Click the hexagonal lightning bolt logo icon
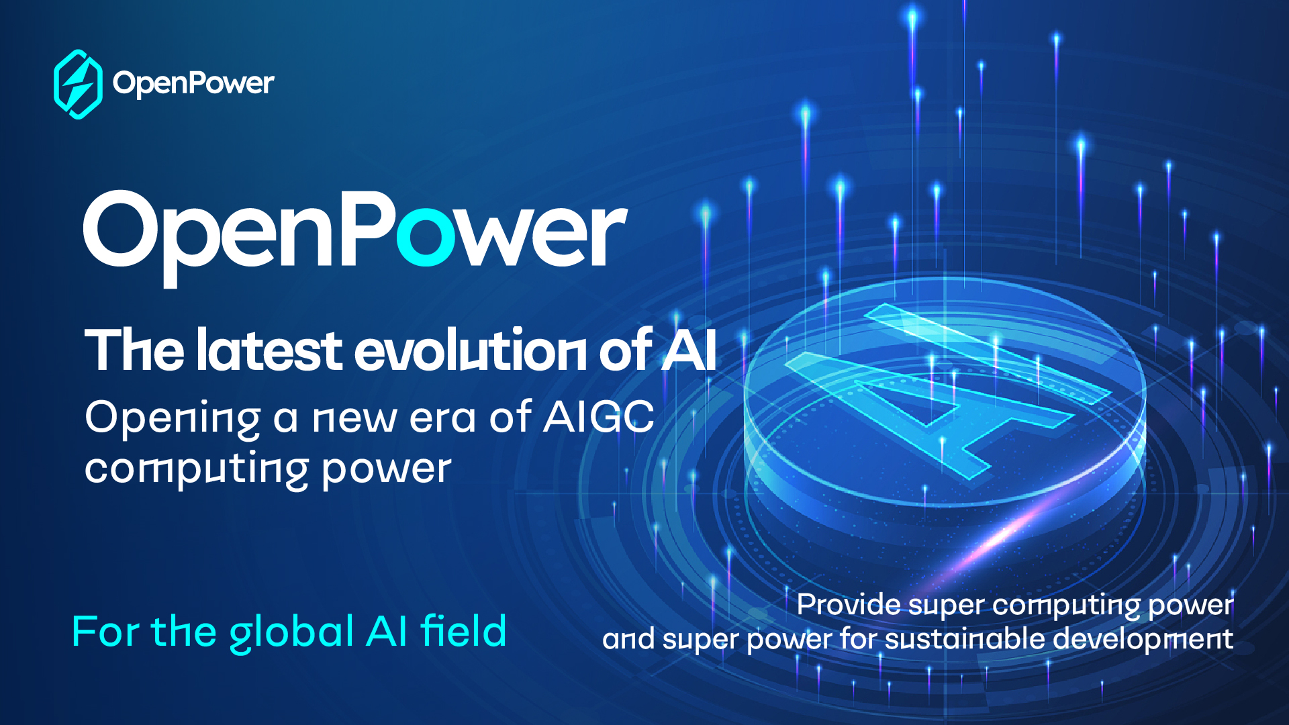point(78,84)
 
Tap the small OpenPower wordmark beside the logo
point(193,84)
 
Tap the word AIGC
point(598,417)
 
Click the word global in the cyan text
point(291,632)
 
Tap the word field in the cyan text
point(463,631)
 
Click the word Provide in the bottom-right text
point(849,604)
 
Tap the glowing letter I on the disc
point(987,353)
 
